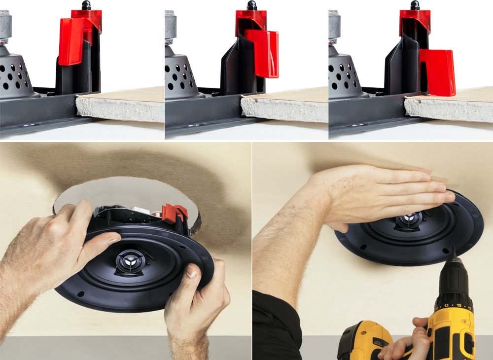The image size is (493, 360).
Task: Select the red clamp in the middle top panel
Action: (261, 52)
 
